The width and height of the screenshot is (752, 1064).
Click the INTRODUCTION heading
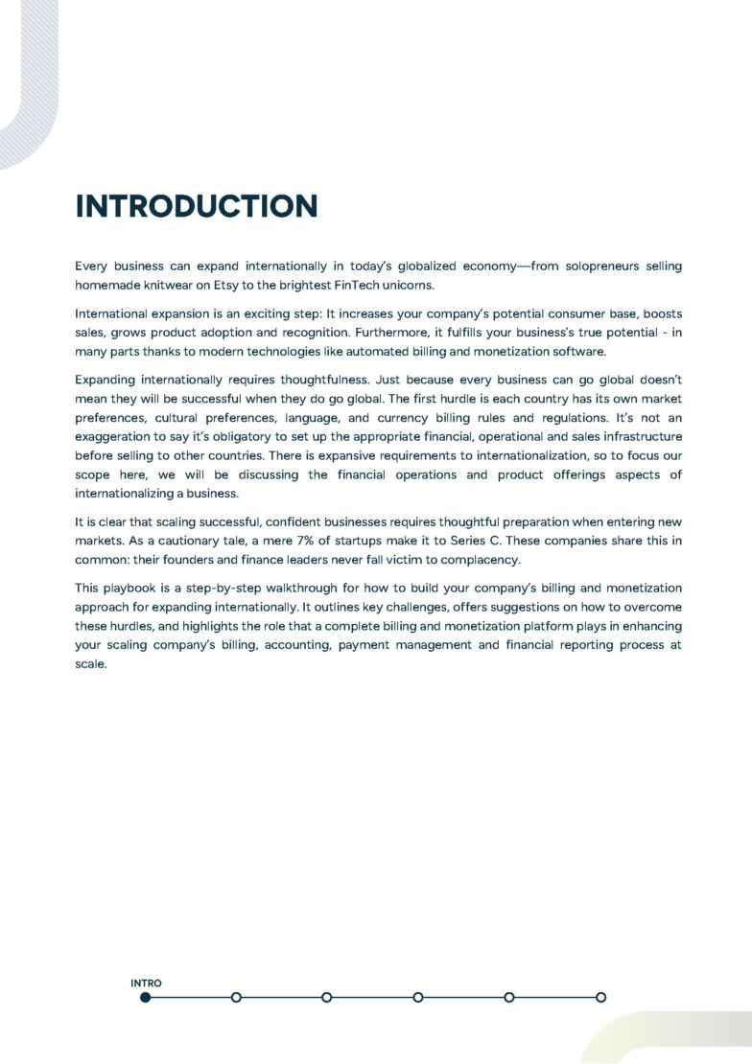196,206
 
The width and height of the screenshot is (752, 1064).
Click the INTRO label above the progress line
146,983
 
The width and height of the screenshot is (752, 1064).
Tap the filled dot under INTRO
145,997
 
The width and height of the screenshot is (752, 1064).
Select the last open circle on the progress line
600,997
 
